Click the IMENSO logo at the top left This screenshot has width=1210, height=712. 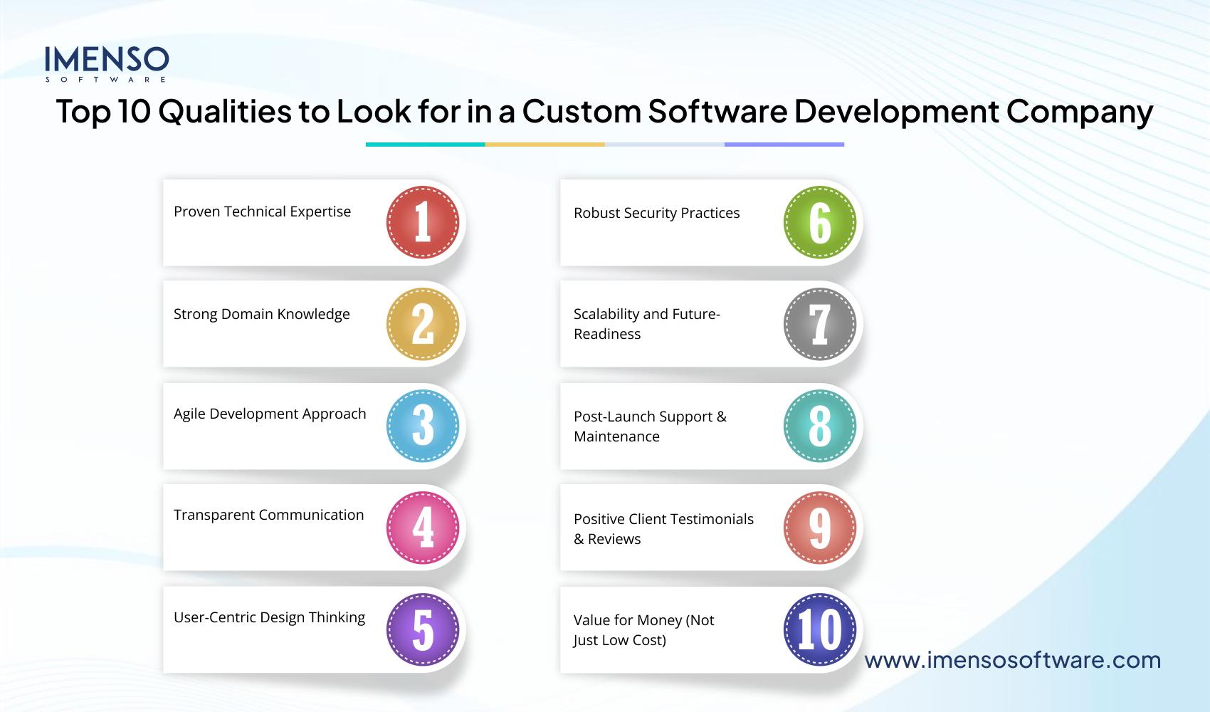(x=107, y=63)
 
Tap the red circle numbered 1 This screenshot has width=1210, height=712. (x=423, y=223)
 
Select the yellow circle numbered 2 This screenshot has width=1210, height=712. (x=423, y=325)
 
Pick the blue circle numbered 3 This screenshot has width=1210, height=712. (x=423, y=426)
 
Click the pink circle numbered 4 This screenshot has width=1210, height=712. (x=423, y=528)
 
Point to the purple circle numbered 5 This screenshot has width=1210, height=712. (x=423, y=629)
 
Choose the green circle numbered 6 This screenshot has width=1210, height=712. (x=820, y=223)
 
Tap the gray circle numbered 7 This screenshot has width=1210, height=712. (x=820, y=325)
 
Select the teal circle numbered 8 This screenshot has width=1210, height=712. (x=820, y=426)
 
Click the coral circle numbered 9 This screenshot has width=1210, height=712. (x=820, y=528)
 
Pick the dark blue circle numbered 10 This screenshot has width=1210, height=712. (x=820, y=629)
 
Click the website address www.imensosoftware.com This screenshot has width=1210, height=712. (x=1012, y=660)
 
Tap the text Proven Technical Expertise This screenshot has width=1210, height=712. (x=262, y=212)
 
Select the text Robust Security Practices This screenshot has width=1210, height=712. (x=656, y=213)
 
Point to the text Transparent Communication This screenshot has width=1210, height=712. (x=268, y=515)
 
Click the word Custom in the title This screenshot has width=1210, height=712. (x=582, y=112)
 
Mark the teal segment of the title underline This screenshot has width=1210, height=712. (x=425, y=145)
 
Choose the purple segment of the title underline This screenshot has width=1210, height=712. (x=784, y=145)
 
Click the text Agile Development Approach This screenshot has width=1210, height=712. (x=270, y=414)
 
